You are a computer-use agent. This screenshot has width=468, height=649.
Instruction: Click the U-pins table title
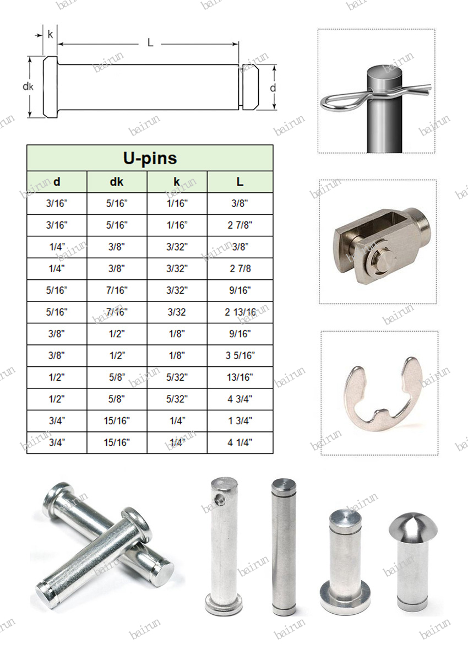(x=150, y=158)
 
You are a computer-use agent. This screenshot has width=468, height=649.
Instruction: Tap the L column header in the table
(x=240, y=182)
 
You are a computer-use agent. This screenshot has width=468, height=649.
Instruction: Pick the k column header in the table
(x=177, y=182)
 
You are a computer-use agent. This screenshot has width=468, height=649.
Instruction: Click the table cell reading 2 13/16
(x=240, y=312)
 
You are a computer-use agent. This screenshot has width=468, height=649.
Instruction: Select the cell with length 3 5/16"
(x=240, y=355)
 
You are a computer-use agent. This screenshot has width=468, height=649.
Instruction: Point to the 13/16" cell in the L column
(x=240, y=377)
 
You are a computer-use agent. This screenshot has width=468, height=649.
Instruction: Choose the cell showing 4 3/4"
(x=240, y=399)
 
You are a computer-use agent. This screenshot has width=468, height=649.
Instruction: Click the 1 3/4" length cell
(x=240, y=421)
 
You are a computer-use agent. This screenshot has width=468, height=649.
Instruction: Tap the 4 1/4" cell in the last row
(x=240, y=442)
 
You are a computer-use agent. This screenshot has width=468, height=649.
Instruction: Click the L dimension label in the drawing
(x=150, y=43)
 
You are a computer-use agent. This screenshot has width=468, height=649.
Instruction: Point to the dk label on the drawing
(x=28, y=86)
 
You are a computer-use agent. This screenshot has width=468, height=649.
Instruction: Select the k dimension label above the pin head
(x=50, y=35)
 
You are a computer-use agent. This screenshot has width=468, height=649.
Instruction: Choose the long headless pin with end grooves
(x=284, y=545)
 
